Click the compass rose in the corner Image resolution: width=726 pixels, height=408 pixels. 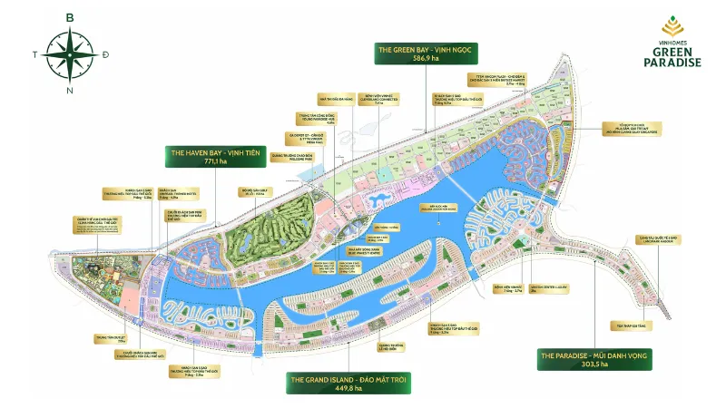point(68,52)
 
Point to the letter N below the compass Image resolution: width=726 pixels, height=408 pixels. point(69,90)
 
